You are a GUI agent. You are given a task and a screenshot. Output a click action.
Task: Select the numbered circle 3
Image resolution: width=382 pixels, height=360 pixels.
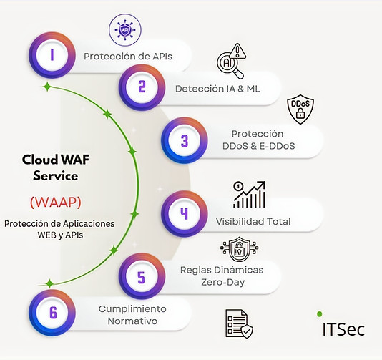184,140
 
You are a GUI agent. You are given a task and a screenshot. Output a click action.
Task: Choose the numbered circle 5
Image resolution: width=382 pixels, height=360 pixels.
141,276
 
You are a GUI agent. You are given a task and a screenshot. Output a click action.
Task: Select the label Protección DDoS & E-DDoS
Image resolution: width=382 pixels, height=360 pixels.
258,140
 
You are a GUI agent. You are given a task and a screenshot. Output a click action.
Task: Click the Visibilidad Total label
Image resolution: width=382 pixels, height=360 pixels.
253,221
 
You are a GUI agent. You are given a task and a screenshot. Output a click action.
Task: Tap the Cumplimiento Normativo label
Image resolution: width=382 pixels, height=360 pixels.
132,315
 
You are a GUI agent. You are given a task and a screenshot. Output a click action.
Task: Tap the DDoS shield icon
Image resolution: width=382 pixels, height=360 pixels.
300,110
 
